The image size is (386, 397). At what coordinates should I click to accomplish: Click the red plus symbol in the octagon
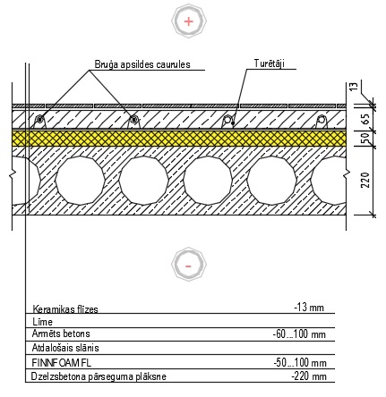tap(189, 21)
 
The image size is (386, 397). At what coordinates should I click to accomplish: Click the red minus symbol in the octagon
tap(188, 266)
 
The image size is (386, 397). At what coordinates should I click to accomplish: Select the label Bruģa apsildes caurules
tap(142, 64)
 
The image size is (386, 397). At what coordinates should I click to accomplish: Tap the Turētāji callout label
tap(270, 63)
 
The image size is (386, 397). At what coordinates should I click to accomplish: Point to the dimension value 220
tap(365, 180)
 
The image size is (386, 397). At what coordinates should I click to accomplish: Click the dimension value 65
tap(366, 119)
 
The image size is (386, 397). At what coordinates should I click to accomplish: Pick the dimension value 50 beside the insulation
tap(365, 139)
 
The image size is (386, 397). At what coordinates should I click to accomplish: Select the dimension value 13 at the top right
tap(354, 87)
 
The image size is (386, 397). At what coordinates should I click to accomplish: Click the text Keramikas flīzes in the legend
tap(65, 309)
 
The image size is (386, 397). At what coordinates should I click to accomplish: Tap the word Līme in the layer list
tap(42, 322)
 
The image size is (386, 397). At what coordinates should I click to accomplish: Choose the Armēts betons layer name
tap(61, 334)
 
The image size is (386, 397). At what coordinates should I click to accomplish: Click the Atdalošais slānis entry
tap(65, 348)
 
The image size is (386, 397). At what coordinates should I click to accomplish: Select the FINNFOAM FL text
tap(62, 363)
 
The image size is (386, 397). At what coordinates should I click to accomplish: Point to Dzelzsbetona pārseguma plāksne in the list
tap(99, 376)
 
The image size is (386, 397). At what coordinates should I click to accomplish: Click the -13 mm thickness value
tap(309, 307)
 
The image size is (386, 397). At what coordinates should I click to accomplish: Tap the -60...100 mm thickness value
tap(299, 334)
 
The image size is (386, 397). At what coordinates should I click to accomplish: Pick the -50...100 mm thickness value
tap(300, 363)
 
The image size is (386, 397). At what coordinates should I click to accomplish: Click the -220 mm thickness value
tap(309, 376)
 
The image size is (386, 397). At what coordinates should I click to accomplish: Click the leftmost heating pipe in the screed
tap(39, 120)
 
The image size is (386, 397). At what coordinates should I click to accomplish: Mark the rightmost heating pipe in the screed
tap(321, 120)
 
